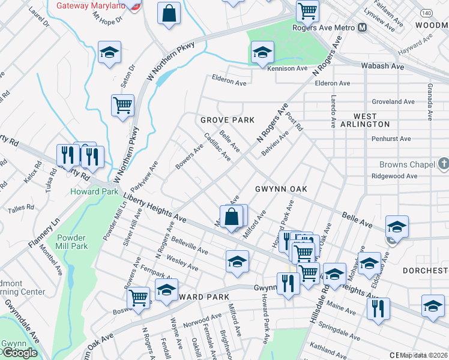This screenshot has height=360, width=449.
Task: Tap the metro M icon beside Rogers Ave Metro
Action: pyautogui.click(x=362, y=28)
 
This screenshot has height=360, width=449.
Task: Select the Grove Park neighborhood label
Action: pyautogui.click(x=228, y=120)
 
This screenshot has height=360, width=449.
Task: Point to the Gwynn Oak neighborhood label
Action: pyautogui.click(x=281, y=189)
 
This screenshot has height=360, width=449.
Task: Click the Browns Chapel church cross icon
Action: pyautogui.click(x=444, y=164)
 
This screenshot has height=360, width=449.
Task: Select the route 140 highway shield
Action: pyautogui.click(x=425, y=12)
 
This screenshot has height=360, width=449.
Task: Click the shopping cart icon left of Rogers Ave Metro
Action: pyautogui.click(x=307, y=10)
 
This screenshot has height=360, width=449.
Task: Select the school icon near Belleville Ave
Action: pyautogui.click(x=238, y=261)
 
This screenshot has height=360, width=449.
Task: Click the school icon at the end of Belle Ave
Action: pyautogui.click(x=396, y=226)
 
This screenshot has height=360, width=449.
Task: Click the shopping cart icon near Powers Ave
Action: pyautogui.click(x=139, y=296)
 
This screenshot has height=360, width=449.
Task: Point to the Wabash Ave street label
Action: pyautogui.click(x=382, y=66)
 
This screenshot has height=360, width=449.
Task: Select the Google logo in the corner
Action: pyautogui.click(x=19, y=353)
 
